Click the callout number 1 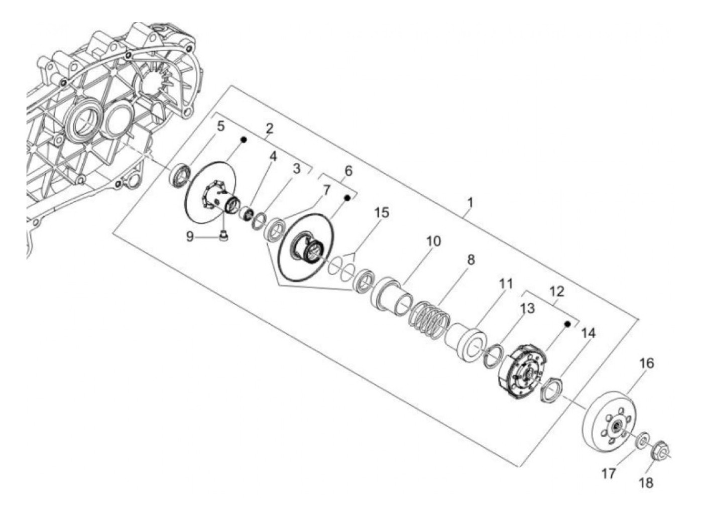click(470, 203)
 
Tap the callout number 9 click(190, 236)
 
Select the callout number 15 click(381, 213)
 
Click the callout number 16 click(647, 363)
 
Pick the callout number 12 click(557, 291)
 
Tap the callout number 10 click(433, 241)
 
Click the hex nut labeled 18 click(661, 453)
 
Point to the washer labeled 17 click(642, 441)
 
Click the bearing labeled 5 click(180, 175)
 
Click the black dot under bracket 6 click(346, 198)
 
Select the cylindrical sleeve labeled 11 click(467, 343)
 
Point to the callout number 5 click(220, 126)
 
